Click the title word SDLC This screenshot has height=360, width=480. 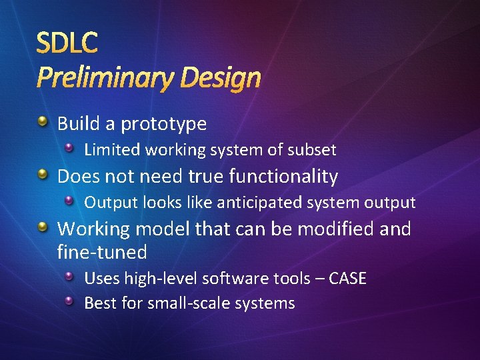[67, 43]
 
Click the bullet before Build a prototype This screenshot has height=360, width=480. [43, 122]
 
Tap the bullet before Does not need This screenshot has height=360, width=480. [43, 175]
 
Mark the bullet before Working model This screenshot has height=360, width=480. [43, 227]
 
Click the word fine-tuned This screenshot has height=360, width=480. [102, 252]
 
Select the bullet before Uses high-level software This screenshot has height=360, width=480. [70, 276]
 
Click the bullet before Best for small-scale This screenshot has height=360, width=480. [70, 301]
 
